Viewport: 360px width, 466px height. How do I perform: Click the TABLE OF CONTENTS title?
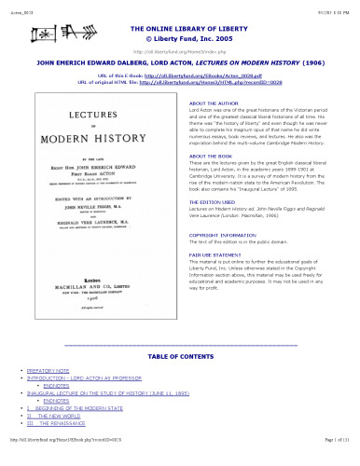tap(179, 357)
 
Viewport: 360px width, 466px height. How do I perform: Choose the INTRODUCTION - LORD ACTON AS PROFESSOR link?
tap(85, 377)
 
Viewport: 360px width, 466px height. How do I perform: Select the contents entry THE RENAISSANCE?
tap(63, 422)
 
